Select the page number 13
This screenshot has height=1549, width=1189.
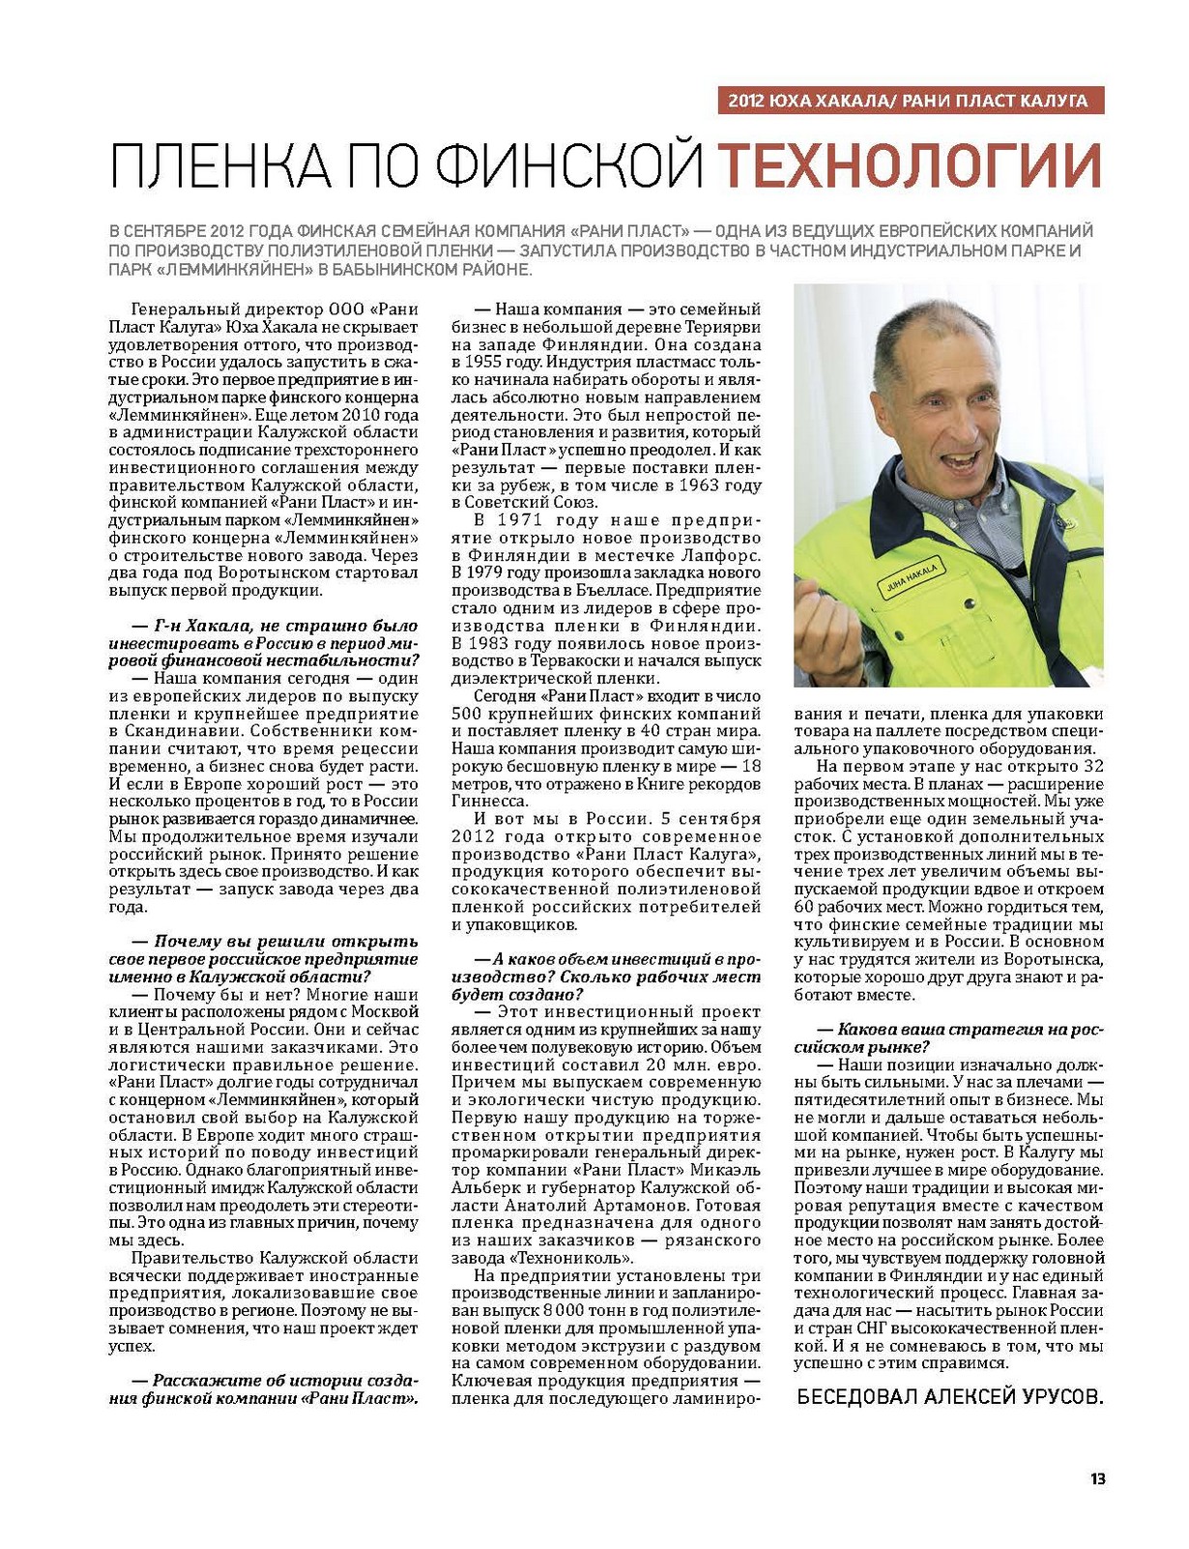coord(1097,1478)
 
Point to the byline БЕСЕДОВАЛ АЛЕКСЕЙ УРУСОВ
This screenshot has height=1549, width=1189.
coord(948,1397)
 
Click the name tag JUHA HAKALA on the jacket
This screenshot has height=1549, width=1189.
coord(909,576)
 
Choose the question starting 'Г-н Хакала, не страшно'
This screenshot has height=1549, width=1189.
coord(264,643)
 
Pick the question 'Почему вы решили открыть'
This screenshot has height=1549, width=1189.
coord(264,958)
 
